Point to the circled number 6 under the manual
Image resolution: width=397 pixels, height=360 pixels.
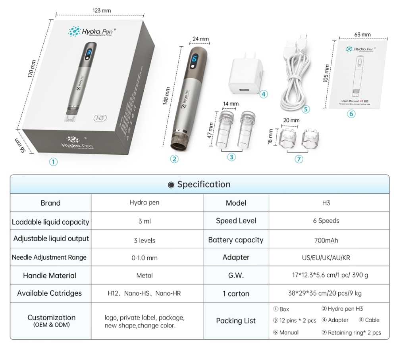351,114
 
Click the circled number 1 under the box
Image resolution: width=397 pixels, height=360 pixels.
53,162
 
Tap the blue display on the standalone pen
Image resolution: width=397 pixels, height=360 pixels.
195,59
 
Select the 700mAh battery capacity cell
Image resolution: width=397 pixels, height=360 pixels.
326,240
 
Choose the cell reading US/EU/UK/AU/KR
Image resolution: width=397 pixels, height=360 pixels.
326,258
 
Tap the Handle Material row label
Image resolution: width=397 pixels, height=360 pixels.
50,275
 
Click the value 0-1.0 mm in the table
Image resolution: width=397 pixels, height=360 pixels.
145,258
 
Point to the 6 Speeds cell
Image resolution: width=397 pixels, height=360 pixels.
326,221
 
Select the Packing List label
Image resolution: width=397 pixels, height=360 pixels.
236,321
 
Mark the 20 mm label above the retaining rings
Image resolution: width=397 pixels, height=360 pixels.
291,120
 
